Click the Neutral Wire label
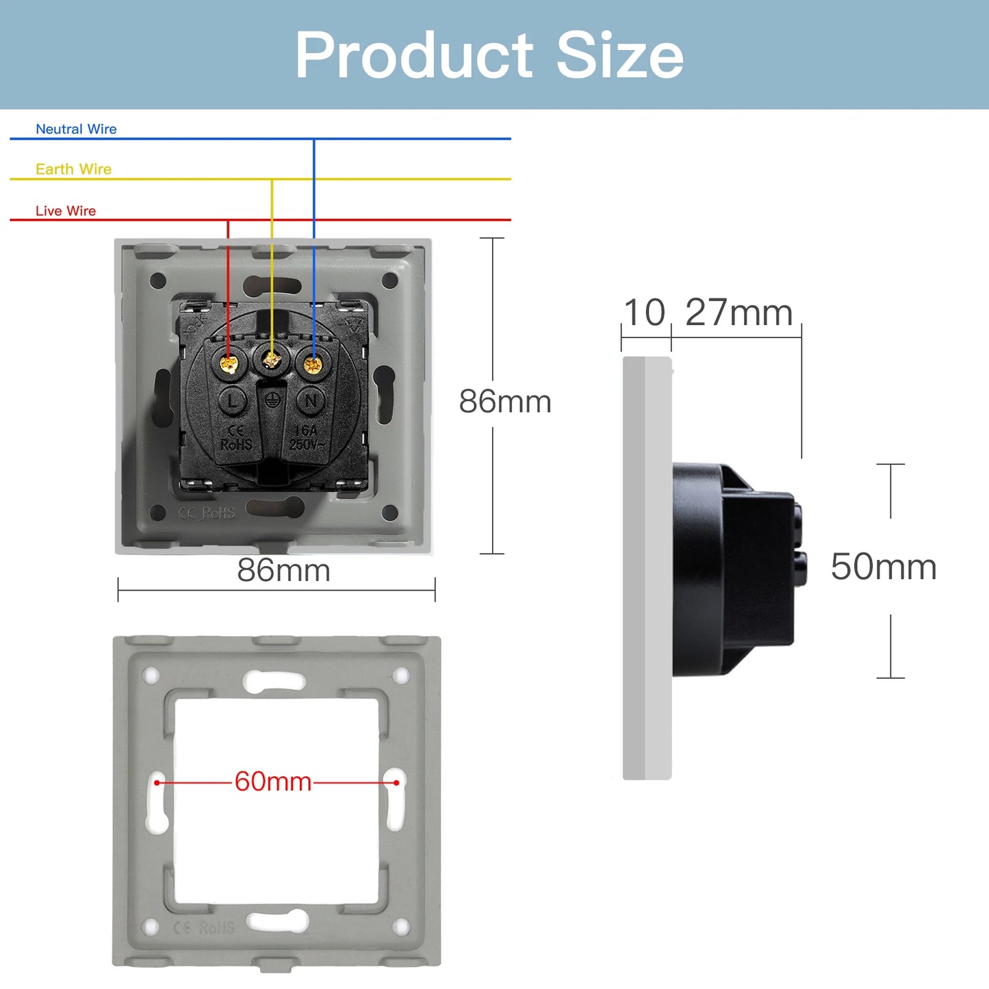pos(76,129)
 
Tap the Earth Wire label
pos(73,169)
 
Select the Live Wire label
pos(66,211)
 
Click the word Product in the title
pos(413,55)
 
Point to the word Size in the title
pos(619,55)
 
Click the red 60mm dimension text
pos(273,781)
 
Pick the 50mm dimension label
pos(884,567)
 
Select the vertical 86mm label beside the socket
pos(505,401)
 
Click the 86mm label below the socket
pos(283,570)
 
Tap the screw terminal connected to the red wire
pos(229,363)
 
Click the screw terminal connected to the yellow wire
pos(272,358)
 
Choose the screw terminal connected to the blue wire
pos(313,363)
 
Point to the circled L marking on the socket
pos(233,400)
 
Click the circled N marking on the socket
pos(311,400)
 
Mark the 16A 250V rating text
pos(305,438)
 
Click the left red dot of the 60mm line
pos(157,782)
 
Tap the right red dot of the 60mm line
pos(396,782)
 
